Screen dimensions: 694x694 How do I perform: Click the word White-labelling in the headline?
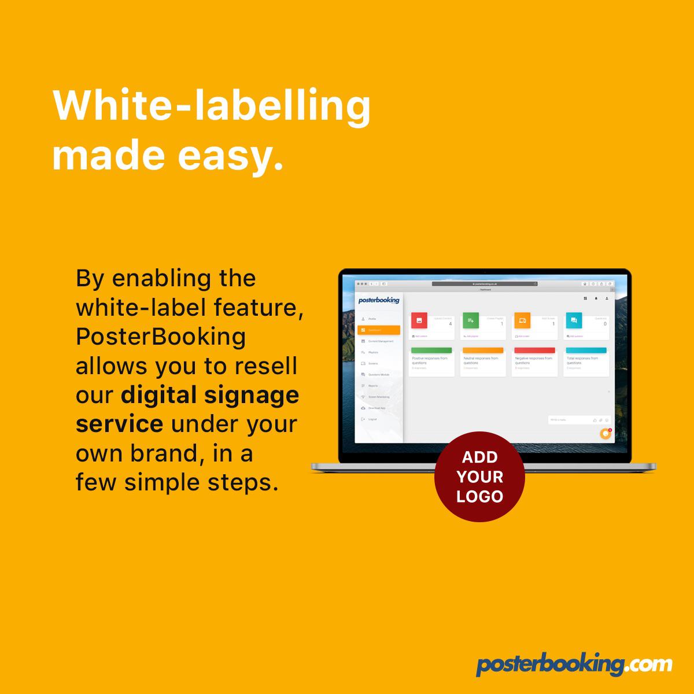[x=211, y=108]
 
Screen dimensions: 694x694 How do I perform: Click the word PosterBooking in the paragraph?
[x=161, y=337]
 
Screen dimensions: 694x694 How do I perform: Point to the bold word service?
[x=119, y=424]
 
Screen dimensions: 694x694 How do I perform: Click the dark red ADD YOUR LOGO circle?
[x=479, y=477]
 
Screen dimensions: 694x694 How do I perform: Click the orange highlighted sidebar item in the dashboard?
[x=379, y=330]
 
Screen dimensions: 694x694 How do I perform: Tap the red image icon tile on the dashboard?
[x=419, y=320]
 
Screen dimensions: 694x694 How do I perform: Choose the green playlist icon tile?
[x=471, y=320]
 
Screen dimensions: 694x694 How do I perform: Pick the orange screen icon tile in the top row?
[x=522, y=320]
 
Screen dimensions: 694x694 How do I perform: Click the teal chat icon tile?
[x=574, y=320]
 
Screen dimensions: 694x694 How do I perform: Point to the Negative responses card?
[x=534, y=361]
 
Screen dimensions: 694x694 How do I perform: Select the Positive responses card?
[x=431, y=361]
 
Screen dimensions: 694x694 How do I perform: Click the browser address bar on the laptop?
[x=485, y=284]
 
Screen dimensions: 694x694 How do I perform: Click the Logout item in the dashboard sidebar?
[x=372, y=419]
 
